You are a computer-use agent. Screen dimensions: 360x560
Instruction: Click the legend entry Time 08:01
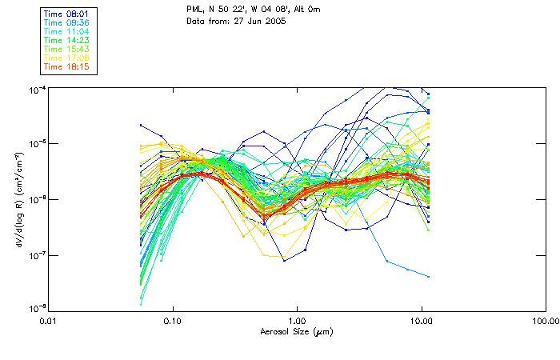click(66, 14)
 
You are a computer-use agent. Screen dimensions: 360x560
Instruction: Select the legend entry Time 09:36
click(66, 22)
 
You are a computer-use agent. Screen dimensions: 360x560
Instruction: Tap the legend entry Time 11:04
click(66, 31)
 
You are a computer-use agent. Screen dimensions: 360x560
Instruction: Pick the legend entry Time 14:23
click(66, 40)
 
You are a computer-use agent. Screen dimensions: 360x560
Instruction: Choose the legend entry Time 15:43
click(66, 49)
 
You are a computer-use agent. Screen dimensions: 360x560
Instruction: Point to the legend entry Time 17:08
click(66, 58)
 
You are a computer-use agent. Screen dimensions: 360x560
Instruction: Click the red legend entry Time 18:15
click(66, 66)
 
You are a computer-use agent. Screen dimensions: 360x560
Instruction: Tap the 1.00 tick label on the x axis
click(297, 319)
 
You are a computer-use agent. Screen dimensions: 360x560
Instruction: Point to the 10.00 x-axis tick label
click(422, 319)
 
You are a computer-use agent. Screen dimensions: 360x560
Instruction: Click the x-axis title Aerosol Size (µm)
click(297, 331)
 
